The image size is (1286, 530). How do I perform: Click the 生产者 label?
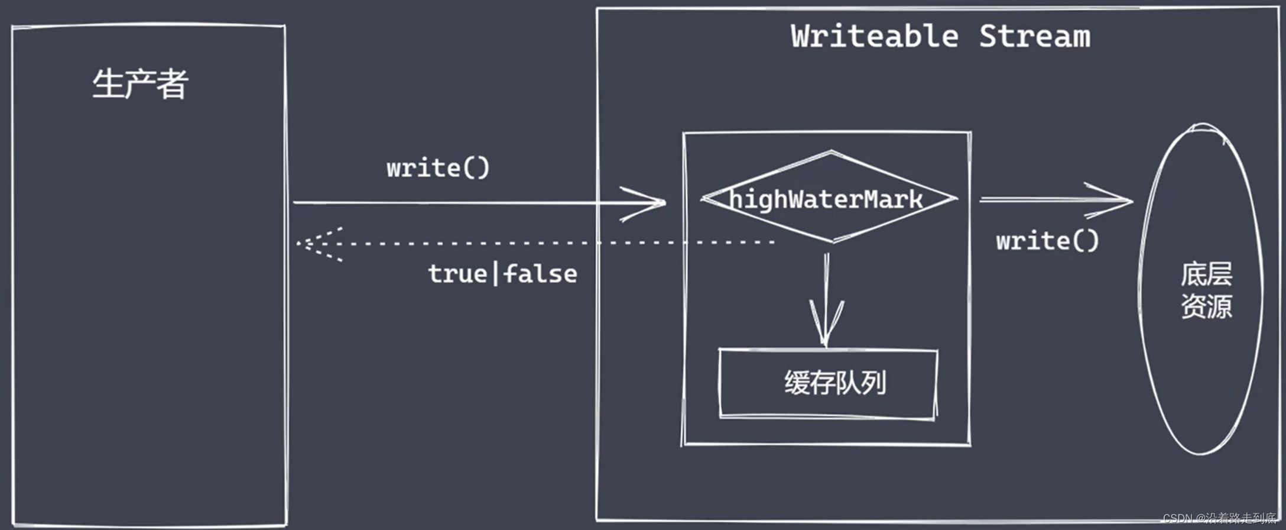[x=140, y=84]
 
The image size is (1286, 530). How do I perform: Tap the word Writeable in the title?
[x=875, y=36]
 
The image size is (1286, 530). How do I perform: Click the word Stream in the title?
[x=1035, y=36]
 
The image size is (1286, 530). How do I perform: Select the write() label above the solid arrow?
[x=438, y=168]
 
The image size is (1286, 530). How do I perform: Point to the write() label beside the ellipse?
[x=1047, y=241]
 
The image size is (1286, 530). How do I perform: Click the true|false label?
[x=502, y=274]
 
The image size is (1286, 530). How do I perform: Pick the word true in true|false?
[x=457, y=274]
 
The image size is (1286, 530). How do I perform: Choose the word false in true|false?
[x=540, y=274]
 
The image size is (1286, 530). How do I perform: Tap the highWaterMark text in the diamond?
[x=826, y=199]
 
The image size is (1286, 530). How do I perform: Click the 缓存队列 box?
[x=827, y=383]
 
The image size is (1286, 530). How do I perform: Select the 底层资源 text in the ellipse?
[x=1206, y=290]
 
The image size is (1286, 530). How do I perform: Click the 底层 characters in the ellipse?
[x=1206, y=274]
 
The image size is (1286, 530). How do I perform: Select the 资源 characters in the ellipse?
[x=1206, y=306]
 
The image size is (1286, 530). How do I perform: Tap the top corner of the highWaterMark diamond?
[x=831, y=152]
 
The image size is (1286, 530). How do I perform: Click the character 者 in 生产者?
[x=173, y=84]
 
